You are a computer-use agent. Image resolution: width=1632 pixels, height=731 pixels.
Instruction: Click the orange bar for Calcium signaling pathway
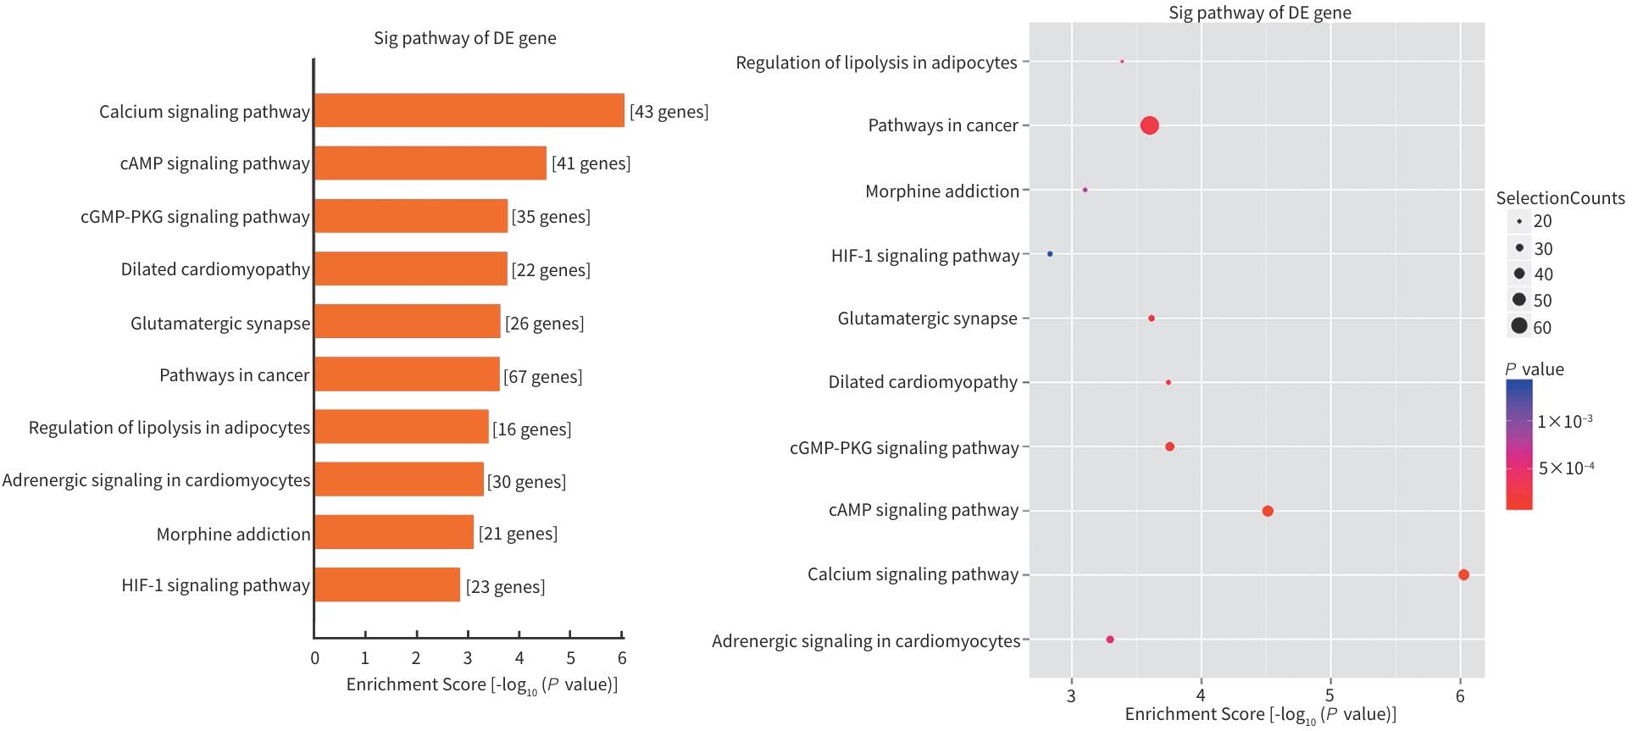[x=469, y=111]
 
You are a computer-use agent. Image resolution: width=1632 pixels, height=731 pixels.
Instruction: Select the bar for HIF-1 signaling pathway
[x=387, y=585]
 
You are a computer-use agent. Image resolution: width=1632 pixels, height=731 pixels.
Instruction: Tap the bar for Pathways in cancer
[x=407, y=374]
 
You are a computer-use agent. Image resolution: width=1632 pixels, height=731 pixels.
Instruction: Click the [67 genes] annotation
[x=543, y=376]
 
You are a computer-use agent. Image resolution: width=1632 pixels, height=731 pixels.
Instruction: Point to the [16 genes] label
[x=532, y=429]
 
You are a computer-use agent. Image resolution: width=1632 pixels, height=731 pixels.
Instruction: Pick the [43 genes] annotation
[x=669, y=111]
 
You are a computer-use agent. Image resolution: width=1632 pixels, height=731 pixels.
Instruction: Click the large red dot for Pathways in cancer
[x=1149, y=125]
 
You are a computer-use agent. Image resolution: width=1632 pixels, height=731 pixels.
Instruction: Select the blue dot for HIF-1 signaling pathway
[x=1050, y=254]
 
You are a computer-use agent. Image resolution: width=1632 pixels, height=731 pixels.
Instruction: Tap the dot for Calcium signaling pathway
[x=1463, y=574]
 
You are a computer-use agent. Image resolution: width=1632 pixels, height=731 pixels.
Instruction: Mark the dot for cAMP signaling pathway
[x=1268, y=511]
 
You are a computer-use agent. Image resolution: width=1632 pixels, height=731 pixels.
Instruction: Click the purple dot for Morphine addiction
[x=1085, y=190]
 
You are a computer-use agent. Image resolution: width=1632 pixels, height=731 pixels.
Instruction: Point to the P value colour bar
[x=1518, y=445]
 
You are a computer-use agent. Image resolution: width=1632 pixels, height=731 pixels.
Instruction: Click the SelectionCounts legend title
[x=1560, y=198]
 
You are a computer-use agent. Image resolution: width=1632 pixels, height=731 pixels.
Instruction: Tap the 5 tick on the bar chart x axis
[x=571, y=657]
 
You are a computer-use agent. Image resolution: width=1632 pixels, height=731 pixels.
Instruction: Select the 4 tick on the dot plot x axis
[x=1201, y=695]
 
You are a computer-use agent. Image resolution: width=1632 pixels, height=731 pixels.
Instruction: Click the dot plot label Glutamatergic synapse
[x=927, y=318]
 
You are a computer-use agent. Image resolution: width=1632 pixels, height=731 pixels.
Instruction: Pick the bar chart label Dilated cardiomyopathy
[x=215, y=269]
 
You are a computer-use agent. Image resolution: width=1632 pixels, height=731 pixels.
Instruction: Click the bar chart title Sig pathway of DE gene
[x=464, y=38]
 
